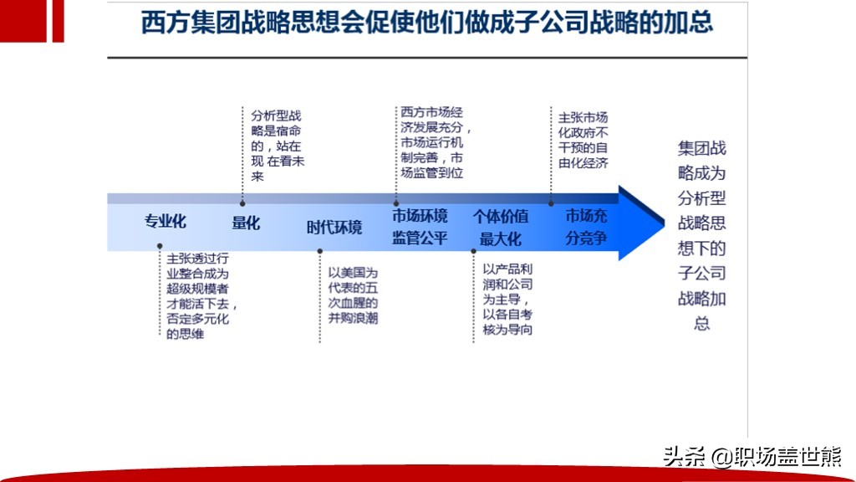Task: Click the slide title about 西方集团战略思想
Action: [426, 23]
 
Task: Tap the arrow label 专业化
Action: [165, 221]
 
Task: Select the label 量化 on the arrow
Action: [246, 223]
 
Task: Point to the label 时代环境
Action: [334, 228]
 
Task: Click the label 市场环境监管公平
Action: [420, 227]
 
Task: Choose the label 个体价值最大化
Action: [500, 228]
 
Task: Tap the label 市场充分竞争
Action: [586, 227]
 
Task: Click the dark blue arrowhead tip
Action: [663, 223]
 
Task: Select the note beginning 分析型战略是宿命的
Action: [278, 146]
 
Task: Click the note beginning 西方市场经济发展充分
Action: [435, 142]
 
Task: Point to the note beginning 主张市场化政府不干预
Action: [583, 140]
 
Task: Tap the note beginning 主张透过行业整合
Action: [201, 295]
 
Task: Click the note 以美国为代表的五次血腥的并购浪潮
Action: [353, 295]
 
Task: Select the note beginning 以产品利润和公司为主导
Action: [507, 299]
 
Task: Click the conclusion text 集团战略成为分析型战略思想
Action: [701, 235]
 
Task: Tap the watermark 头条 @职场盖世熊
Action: [752, 457]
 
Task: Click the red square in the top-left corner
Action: [23, 21]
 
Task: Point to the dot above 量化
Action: [242, 203]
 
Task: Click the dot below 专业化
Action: [160, 247]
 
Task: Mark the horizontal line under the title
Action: [427, 57]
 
